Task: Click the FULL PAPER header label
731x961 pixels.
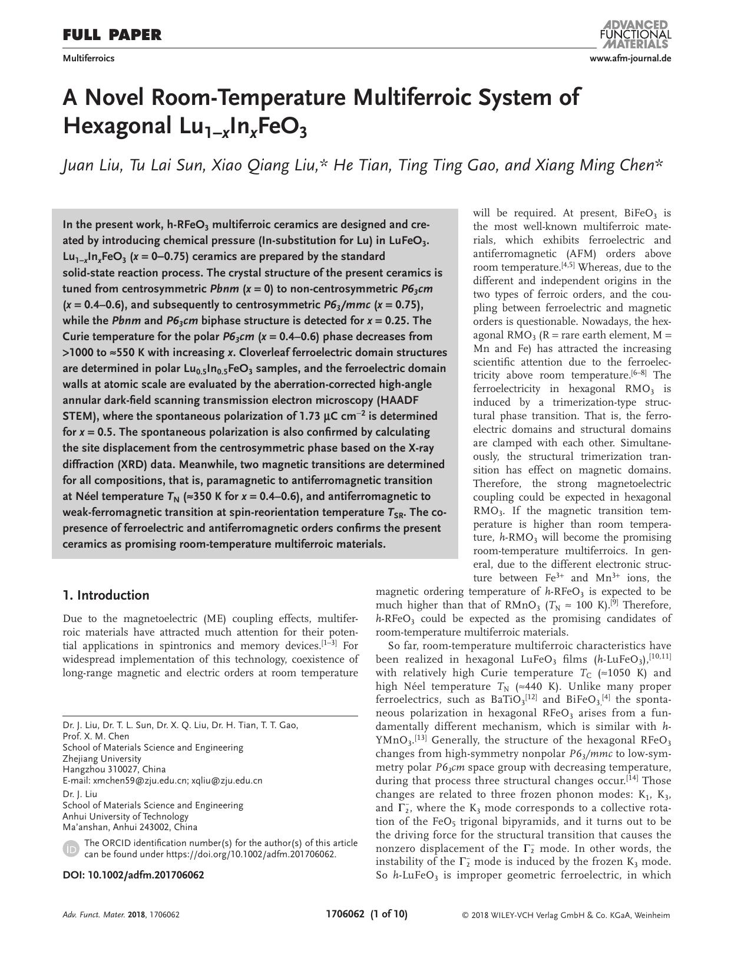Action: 112,35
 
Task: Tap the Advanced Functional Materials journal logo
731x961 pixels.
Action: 634,34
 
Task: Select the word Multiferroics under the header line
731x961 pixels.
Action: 88,58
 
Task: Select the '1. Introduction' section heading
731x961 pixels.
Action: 106,595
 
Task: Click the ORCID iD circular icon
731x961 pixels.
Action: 71,848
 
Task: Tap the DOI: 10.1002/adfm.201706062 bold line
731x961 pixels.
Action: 133,875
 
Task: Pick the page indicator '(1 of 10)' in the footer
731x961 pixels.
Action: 388,914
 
